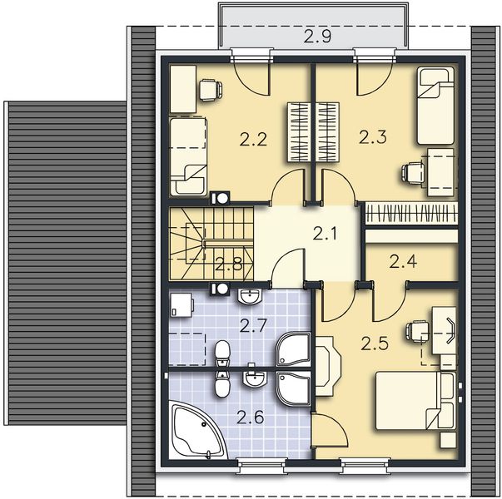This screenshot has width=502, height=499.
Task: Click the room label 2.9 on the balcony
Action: point(317,36)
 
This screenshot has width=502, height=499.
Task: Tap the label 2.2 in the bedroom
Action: point(253,140)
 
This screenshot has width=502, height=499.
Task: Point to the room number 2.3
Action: point(373,137)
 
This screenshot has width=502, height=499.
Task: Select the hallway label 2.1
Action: point(325,234)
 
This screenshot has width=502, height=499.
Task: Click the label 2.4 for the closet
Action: point(403,261)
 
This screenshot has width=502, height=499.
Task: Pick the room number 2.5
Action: point(375,343)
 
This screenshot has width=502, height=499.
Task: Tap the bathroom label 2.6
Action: point(251,417)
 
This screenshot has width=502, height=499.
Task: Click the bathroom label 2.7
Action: point(253,326)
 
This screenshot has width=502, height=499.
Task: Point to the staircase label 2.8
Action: point(229,264)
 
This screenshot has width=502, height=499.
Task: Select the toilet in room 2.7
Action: point(222,353)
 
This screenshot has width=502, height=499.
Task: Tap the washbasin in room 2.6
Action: point(254,379)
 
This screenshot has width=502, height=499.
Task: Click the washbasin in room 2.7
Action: point(250,296)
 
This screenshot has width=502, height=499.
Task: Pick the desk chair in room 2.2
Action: point(211,91)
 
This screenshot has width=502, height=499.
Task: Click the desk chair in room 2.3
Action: point(414,173)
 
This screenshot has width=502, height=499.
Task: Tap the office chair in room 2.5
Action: point(418,333)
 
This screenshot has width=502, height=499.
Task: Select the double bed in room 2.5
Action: point(415,401)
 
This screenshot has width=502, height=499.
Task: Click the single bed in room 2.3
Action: point(435,106)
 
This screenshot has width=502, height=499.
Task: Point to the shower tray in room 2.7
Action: point(293,349)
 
